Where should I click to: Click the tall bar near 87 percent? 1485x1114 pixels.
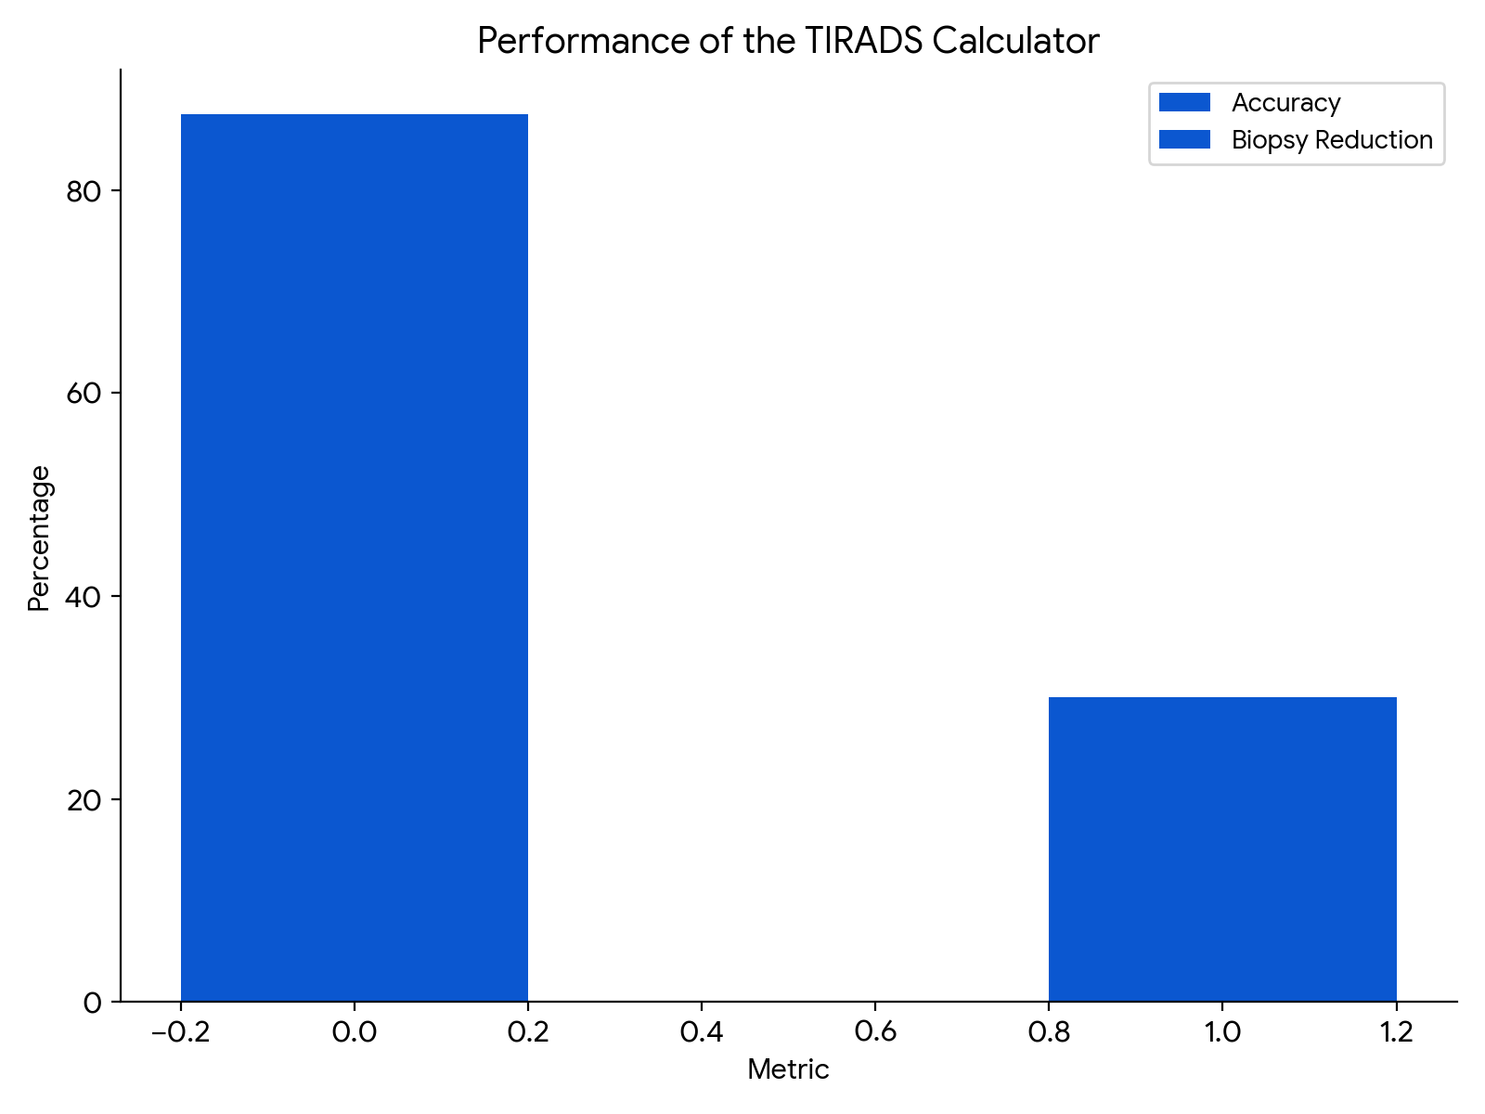point(354,557)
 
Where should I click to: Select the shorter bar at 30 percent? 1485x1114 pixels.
point(1222,848)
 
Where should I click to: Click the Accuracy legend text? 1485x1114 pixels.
point(1285,103)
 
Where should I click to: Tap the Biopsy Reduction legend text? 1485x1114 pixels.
point(1332,140)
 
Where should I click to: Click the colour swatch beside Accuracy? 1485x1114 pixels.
point(1184,103)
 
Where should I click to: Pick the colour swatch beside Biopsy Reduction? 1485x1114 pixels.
point(1184,140)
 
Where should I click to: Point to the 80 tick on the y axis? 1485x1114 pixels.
point(83,191)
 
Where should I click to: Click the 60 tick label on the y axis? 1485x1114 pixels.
point(83,394)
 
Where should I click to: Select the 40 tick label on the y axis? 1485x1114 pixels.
point(83,596)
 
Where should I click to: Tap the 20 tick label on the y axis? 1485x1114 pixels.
point(83,799)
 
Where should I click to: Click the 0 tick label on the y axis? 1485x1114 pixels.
point(92,1003)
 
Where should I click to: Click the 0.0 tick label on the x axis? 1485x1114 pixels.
point(354,1032)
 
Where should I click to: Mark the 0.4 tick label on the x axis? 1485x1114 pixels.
point(701,1032)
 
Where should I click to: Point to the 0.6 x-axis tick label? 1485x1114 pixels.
point(874,1032)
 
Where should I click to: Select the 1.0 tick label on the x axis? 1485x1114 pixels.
point(1222,1032)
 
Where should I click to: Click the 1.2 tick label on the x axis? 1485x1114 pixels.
point(1396,1032)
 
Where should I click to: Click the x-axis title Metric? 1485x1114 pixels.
point(788,1070)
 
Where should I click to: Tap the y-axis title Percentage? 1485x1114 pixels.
point(39,538)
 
